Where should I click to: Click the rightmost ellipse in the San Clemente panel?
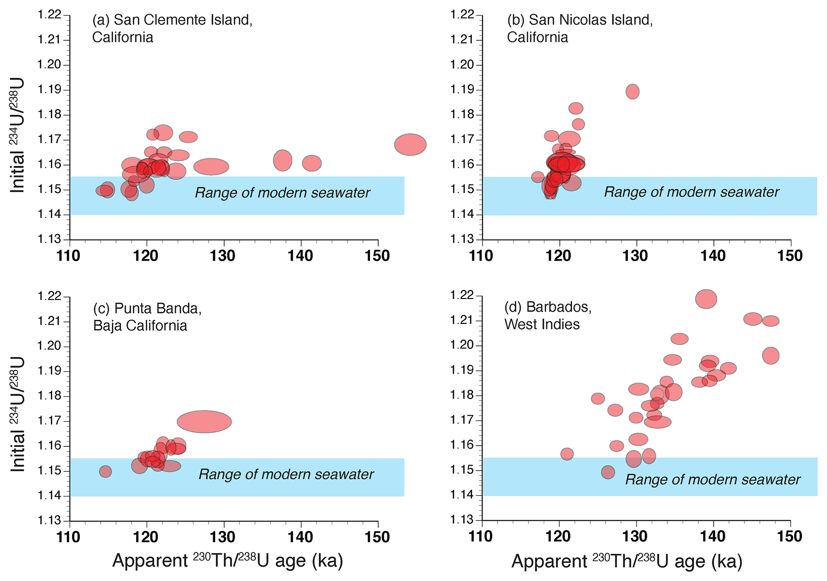(410, 144)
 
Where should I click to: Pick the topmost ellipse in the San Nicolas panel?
(632, 92)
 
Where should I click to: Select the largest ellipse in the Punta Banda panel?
(204, 421)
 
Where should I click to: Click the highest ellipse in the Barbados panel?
(706, 299)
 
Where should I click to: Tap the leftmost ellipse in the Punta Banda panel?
(105, 471)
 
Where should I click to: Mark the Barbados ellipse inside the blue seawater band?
(608, 472)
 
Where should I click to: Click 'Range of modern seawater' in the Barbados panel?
(713, 479)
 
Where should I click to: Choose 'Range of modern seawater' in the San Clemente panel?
(282, 193)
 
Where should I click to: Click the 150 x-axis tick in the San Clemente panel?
(377, 256)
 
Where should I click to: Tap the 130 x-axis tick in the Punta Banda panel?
(223, 537)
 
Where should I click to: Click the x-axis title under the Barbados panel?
(627, 561)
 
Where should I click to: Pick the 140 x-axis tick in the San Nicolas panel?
(713, 256)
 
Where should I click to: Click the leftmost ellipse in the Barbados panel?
(567, 454)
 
